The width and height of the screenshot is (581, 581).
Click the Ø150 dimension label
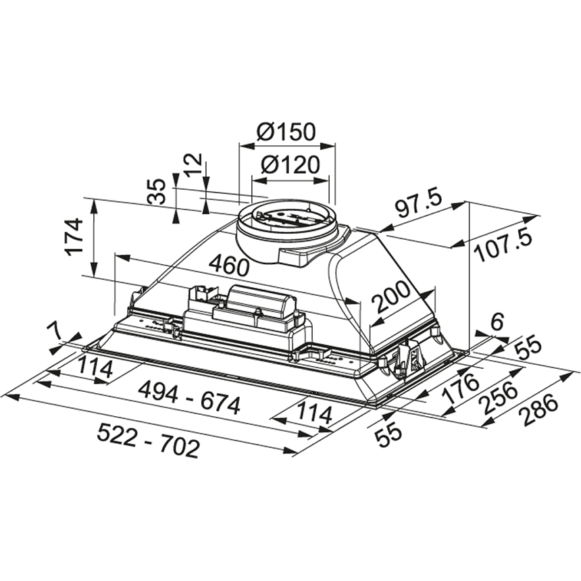coord(286,132)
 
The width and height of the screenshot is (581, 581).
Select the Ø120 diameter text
coord(291,165)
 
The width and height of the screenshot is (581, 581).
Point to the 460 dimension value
coord(228,265)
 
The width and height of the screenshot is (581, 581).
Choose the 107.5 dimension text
coord(504,245)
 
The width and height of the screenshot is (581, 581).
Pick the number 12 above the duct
coord(193,163)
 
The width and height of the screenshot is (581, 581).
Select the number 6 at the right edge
coord(497,322)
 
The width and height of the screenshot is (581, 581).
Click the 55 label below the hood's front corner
coord(389,434)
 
